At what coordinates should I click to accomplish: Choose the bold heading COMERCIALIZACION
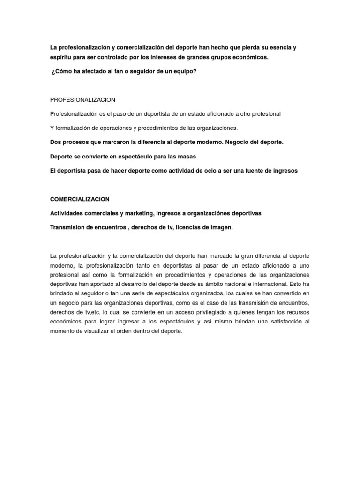[x=80, y=199]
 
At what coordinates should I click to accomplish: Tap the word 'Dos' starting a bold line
[x=55, y=142]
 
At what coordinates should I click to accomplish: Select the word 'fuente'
[x=248, y=171]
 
